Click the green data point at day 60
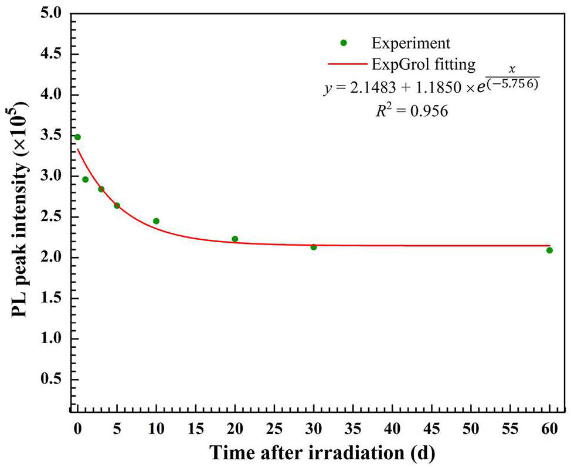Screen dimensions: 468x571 [549, 250]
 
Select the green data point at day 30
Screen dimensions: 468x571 [314, 247]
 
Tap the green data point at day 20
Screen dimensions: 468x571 [235, 239]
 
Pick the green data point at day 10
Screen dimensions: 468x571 [156, 221]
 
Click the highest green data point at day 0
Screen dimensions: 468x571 [77, 137]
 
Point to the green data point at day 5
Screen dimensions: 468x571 [117, 206]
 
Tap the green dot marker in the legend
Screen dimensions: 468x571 [344, 43]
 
